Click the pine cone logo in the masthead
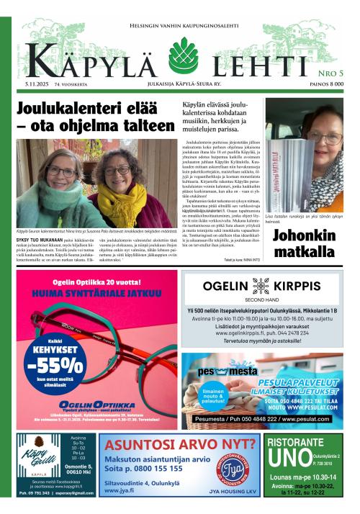(x=183, y=55)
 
